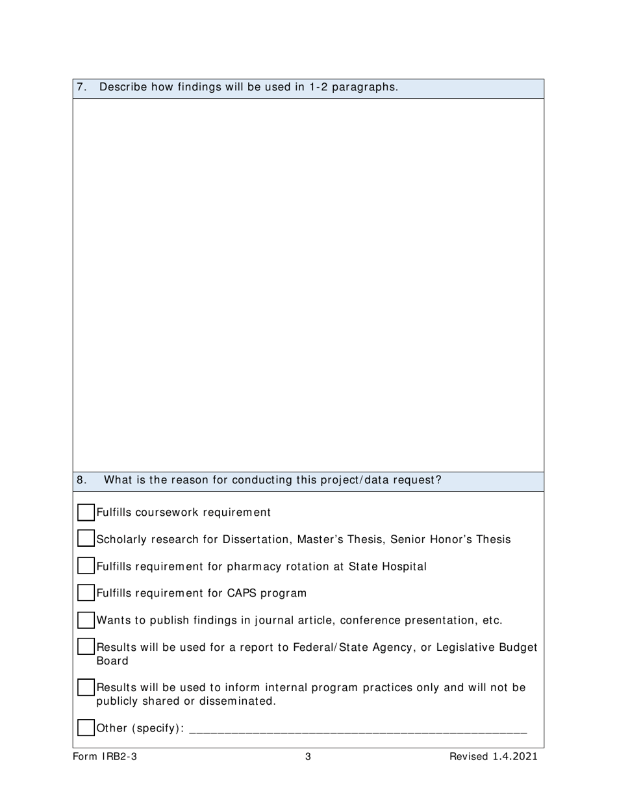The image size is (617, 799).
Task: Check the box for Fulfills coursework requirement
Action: pos(86,513)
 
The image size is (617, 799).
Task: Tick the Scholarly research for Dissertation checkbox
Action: pos(86,539)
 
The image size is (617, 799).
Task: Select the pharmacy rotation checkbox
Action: pos(86,566)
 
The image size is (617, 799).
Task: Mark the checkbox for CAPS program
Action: pos(86,593)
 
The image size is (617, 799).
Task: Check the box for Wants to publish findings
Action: pos(86,620)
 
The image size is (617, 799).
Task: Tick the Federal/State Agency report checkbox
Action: pos(86,647)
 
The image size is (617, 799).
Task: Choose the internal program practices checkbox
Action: pos(86,687)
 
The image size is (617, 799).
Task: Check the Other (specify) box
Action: pos(86,728)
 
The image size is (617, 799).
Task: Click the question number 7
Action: pos(81,87)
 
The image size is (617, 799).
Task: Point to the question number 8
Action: pos(81,480)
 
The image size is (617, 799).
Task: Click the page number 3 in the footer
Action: pos(308,757)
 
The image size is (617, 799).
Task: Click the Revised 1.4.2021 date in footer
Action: pos(494,757)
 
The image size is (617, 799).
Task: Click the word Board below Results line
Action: pos(112,661)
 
